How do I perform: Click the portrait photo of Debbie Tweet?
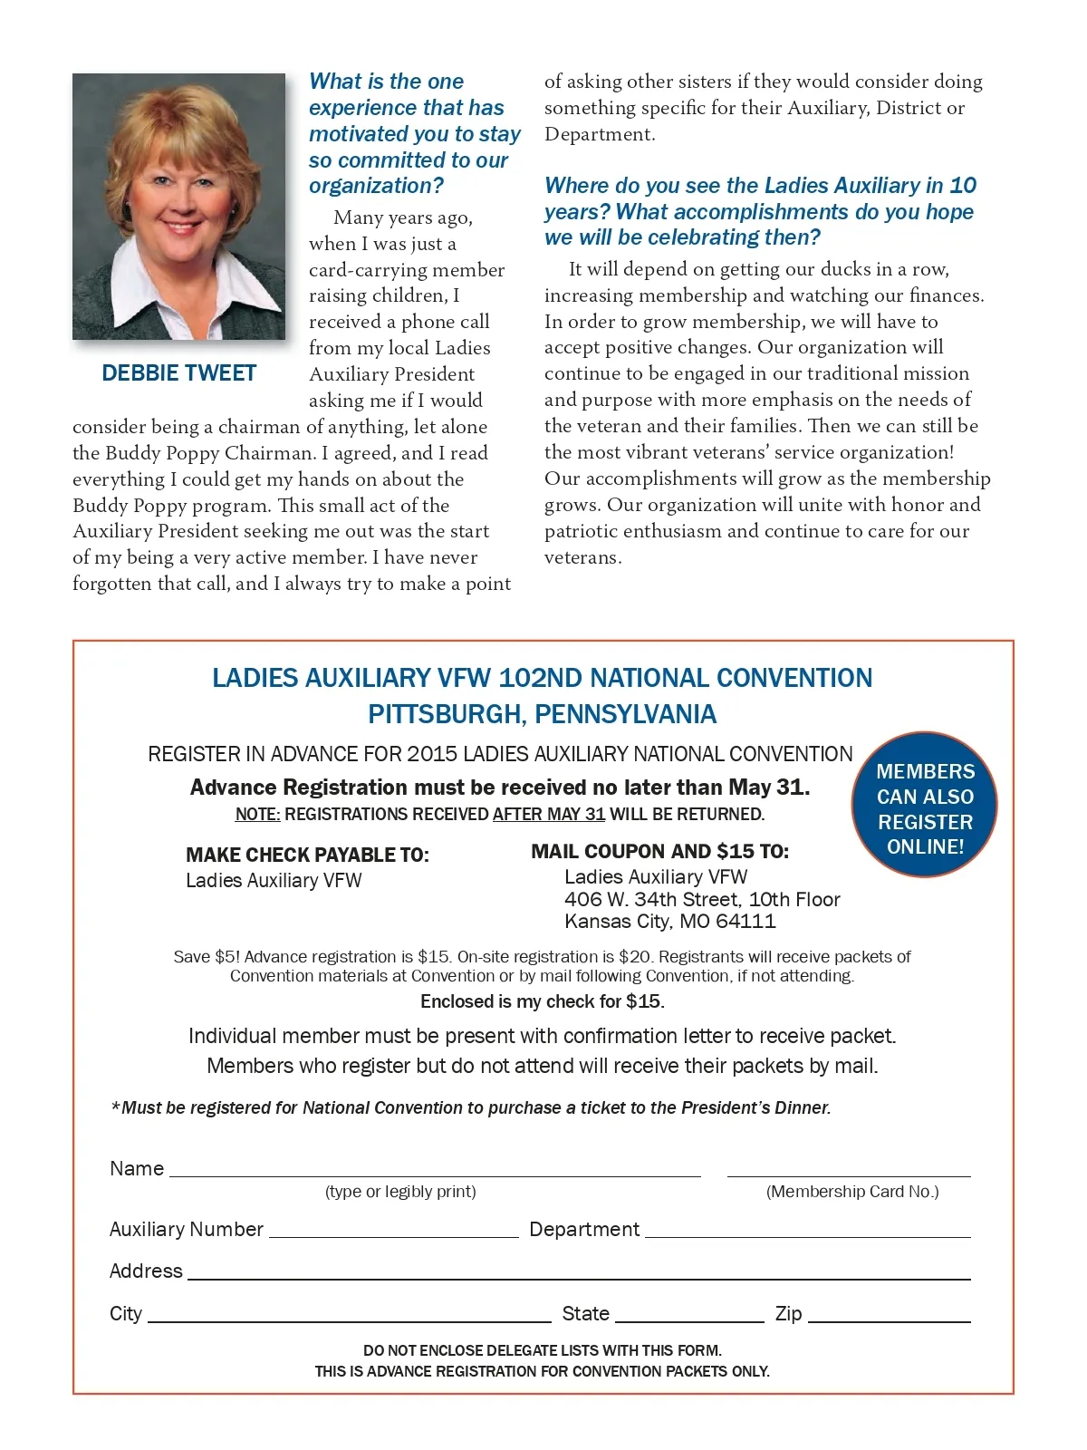pyautogui.click(x=178, y=207)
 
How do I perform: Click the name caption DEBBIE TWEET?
pyautogui.click(x=178, y=373)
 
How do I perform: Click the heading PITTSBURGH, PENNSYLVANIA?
pyautogui.click(x=542, y=714)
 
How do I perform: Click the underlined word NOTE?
pyautogui.click(x=257, y=814)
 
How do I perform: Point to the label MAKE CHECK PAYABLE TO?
pyautogui.click(x=307, y=855)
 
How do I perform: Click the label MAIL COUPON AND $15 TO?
pyautogui.click(x=659, y=851)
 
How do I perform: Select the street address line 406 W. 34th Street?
pyautogui.click(x=702, y=899)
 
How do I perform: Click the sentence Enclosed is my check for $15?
pyautogui.click(x=542, y=1001)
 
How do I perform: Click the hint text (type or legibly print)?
pyautogui.click(x=400, y=1192)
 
